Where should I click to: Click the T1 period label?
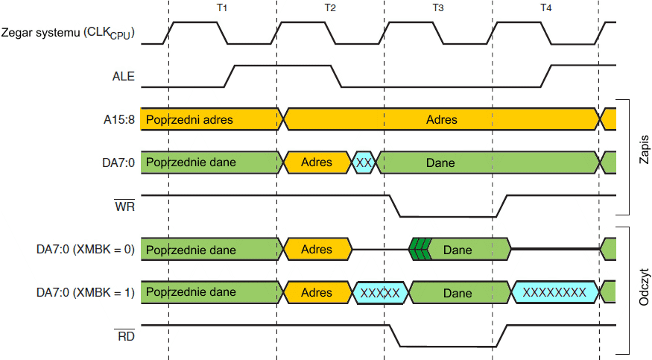(x=222, y=7)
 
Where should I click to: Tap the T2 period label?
(x=330, y=7)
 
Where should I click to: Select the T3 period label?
(x=438, y=7)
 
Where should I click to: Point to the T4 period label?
(x=546, y=7)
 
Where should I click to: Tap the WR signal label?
(x=124, y=206)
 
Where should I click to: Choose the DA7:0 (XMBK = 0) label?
(x=86, y=250)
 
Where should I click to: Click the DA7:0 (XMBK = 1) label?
(x=86, y=293)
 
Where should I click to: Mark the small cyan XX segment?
(x=364, y=162)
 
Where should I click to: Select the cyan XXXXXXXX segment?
(x=554, y=293)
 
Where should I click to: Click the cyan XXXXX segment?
(x=381, y=293)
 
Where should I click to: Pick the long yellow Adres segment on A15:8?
(x=442, y=119)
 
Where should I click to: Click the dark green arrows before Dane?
(x=420, y=250)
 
